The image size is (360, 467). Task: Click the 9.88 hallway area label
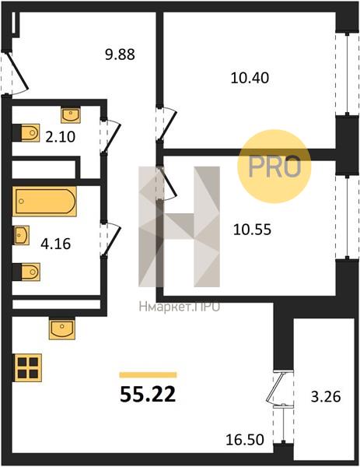[121, 54]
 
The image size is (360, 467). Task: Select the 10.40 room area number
[250, 78]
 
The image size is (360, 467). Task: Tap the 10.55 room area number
[252, 230]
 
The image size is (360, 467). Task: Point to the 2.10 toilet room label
[61, 137]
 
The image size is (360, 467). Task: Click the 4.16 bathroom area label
[56, 244]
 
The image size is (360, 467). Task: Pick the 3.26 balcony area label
[326, 397]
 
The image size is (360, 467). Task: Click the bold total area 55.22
[148, 395]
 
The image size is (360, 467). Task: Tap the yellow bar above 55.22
[149, 375]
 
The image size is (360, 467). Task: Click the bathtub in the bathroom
[44, 202]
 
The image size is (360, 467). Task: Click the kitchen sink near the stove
[62, 328]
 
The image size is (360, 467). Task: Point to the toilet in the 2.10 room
[26, 133]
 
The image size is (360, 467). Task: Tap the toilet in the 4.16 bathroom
[26, 272]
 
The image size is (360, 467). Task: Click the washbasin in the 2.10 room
[71, 115]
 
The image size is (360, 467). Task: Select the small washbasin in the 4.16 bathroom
[21, 235]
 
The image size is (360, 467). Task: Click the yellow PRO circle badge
[274, 167]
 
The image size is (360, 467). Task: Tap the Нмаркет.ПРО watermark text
[180, 306]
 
